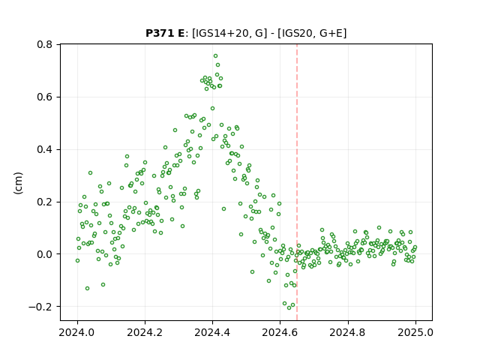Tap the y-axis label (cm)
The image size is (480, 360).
coord(18,183)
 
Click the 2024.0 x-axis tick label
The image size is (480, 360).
coord(77,332)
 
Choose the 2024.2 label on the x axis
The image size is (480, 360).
coord(145,332)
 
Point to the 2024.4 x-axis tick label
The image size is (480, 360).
coord(212,332)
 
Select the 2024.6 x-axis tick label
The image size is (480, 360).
coord(280,332)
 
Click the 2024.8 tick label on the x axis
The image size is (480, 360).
coord(348,332)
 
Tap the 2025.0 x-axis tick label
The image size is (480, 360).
coord(415,332)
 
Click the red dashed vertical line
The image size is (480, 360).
coord(297,182)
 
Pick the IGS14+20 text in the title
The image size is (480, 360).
coord(220,33)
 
